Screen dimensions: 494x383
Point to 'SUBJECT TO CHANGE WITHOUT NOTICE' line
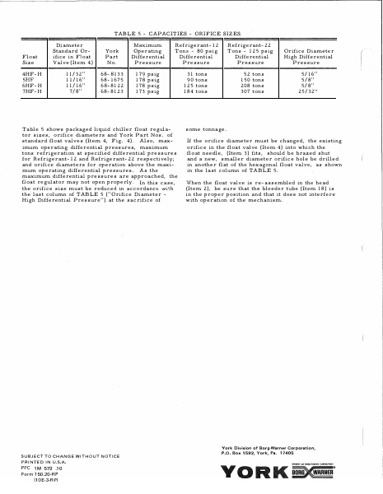(65, 455)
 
